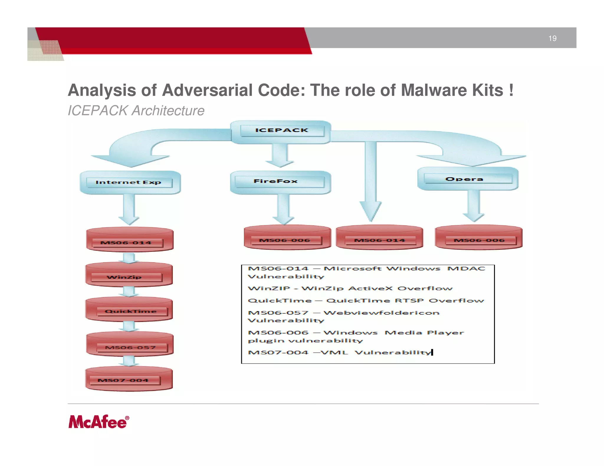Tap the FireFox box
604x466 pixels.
(280, 182)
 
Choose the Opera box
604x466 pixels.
(468, 179)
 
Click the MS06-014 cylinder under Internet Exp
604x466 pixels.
(129, 240)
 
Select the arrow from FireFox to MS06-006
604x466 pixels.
(283, 209)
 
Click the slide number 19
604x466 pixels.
(552, 38)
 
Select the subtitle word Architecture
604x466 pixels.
(168, 111)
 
